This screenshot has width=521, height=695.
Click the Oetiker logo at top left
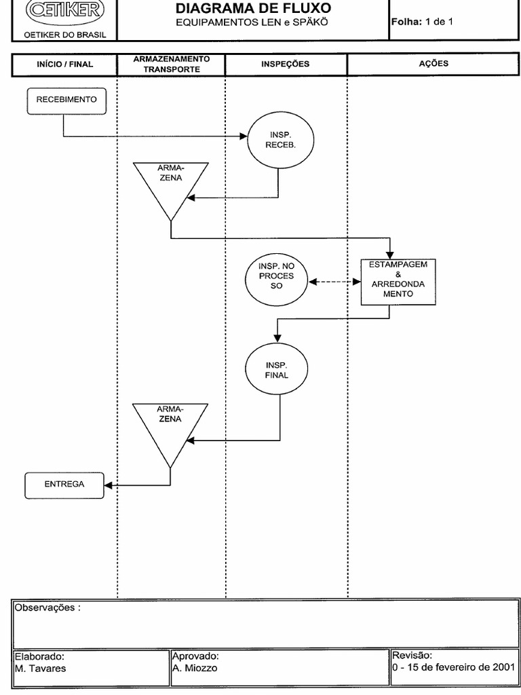pyautogui.click(x=65, y=10)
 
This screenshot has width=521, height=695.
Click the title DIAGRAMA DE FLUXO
pyautogui.click(x=253, y=8)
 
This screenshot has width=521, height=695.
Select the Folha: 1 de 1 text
pyautogui.click(x=422, y=22)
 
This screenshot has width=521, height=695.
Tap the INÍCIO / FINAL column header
pyautogui.click(x=64, y=64)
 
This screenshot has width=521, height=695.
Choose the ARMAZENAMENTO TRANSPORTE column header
pyautogui.click(x=171, y=64)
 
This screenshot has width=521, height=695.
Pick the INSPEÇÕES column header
pyautogui.click(x=286, y=64)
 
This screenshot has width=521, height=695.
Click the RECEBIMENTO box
pyautogui.click(x=66, y=100)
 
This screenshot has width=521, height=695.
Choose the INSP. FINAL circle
pyautogui.click(x=277, y=369)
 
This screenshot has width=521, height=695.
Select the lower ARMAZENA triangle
pyautogui.click(x=170, y=428)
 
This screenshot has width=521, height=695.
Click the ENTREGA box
pyautogui.click(x=64, y=485)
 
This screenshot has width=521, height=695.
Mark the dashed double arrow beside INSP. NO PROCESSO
pyautogui.click(x=334, y=281)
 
